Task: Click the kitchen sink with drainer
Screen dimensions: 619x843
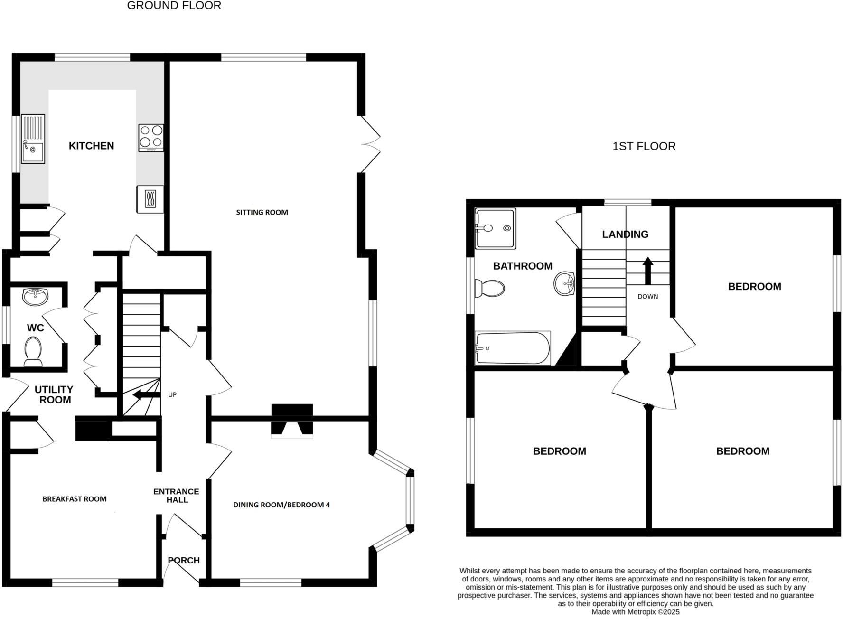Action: (33, 139)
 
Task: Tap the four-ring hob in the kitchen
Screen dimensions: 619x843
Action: (151, 138)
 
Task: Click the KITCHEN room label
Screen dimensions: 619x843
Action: (91, 146)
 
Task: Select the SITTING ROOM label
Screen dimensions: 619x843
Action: (262, 212)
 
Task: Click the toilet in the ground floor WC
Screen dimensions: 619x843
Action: (33, 352)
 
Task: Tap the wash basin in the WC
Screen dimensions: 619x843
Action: (35, 297)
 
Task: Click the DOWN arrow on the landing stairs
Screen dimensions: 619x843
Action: (647, 271)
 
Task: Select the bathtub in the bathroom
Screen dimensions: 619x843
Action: (513, 348)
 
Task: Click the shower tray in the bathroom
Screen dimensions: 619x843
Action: (495, 229)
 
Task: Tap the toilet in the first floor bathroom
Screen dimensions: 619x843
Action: (489, 288)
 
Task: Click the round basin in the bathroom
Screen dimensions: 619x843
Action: (564, 283)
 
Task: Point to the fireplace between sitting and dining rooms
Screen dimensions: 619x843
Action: (292, 421)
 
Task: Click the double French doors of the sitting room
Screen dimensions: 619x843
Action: (370, 144)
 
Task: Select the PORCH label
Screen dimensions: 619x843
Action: (184, 560)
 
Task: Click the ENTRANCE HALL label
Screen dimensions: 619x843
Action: (176, 496)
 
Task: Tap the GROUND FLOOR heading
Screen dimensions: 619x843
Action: (174, 6)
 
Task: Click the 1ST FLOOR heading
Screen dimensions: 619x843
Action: (644, 146)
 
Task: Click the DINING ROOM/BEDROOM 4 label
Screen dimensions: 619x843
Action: (281, 505)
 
